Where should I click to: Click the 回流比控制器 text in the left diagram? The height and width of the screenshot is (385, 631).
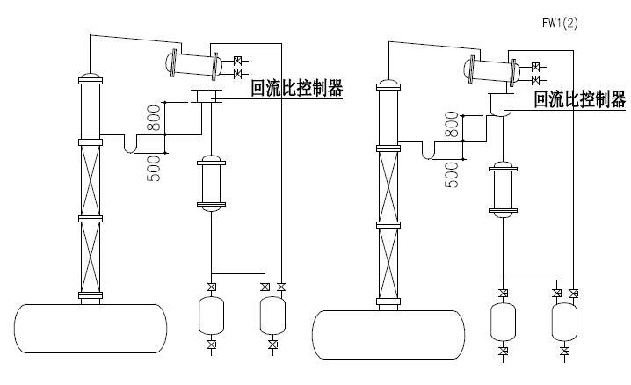coord(296,88)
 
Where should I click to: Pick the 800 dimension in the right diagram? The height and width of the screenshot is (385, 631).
coord(453,127)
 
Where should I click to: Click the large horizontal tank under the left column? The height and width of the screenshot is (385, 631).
coord(90,328)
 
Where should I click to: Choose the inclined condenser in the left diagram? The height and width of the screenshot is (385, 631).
coord(194,64)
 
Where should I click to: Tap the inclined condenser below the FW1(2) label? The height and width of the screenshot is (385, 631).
coord(492,71)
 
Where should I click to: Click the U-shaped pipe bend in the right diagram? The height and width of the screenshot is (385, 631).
coord(431,153)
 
